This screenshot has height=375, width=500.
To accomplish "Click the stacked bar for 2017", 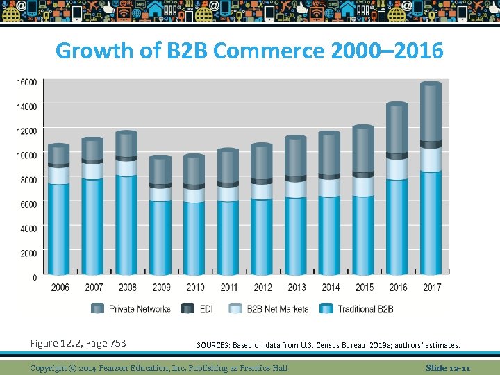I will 431,181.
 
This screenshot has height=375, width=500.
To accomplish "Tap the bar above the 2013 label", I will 295,207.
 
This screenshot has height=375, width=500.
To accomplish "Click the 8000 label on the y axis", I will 28,179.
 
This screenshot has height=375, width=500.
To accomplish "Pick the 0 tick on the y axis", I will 34,277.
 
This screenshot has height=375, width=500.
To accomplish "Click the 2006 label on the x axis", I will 60,287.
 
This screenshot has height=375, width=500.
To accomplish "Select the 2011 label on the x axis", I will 228,287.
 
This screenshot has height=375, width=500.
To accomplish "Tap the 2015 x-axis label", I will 364,287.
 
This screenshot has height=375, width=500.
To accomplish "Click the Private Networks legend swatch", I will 98,309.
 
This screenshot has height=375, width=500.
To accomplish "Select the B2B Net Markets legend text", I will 277,309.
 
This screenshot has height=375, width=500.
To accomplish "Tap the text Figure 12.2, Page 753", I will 78,343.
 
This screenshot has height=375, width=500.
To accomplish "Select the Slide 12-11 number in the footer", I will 448,367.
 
